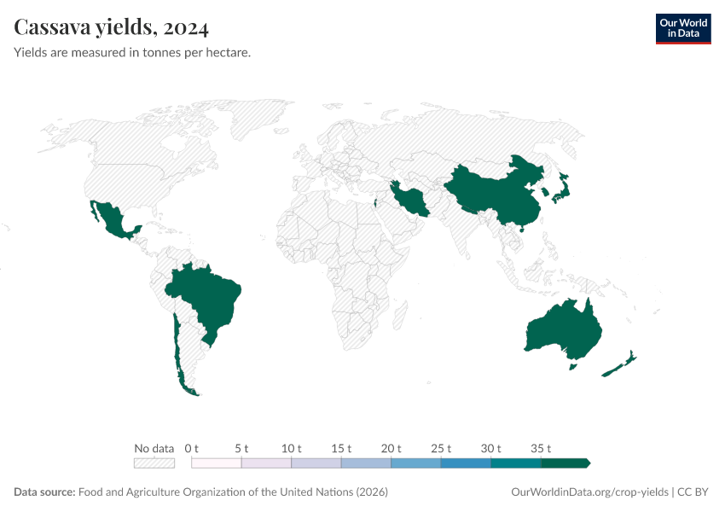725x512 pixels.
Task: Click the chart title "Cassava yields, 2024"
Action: pos(112,28)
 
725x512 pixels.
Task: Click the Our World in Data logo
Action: pos(682,28)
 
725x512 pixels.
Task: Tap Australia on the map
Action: pos(563,329)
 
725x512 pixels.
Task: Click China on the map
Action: pos(495,192)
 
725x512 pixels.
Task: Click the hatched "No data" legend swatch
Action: pos(154,463)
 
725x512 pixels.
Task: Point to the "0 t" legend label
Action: pos(191,448)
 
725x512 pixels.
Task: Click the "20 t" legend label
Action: pos(391,448)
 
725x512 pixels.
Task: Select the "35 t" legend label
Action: pos(542,448)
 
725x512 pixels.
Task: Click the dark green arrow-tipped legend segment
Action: pos(565,463)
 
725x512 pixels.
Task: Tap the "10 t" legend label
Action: pos(292,448)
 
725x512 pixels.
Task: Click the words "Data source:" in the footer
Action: pos(44,492)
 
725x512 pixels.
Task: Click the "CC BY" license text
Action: pos(694,492)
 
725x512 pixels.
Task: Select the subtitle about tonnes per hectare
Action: pos(132,52)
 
